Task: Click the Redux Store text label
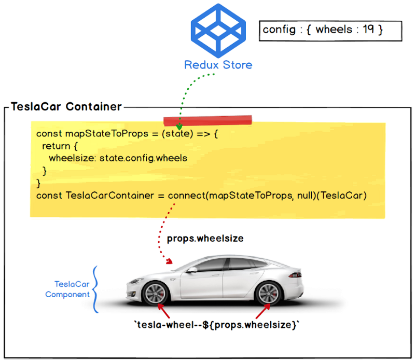click(x=218, y=65)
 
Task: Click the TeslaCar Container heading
click(x=66, y=107)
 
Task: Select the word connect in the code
click(x=186, y=196)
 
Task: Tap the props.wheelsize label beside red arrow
click(x=205, y=239)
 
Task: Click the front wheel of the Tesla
click(x=155, y=295)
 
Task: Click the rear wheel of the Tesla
click(x=269, y=295)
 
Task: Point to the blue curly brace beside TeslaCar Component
click(x=95, y=290)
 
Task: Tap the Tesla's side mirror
click(x=192, y=269)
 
